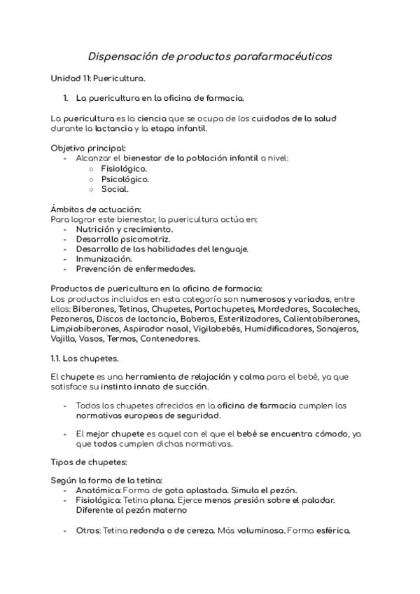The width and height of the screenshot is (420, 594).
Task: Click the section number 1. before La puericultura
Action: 66,98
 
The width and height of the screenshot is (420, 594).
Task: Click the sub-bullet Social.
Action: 115,188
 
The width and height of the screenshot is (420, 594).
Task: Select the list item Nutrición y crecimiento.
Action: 125,229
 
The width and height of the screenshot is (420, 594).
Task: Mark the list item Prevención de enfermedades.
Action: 136,268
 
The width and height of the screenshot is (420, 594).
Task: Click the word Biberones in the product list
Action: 91,309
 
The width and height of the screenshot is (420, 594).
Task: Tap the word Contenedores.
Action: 170,339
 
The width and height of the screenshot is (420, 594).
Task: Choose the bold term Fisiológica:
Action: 99,500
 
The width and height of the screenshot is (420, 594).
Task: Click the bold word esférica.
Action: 332,530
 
